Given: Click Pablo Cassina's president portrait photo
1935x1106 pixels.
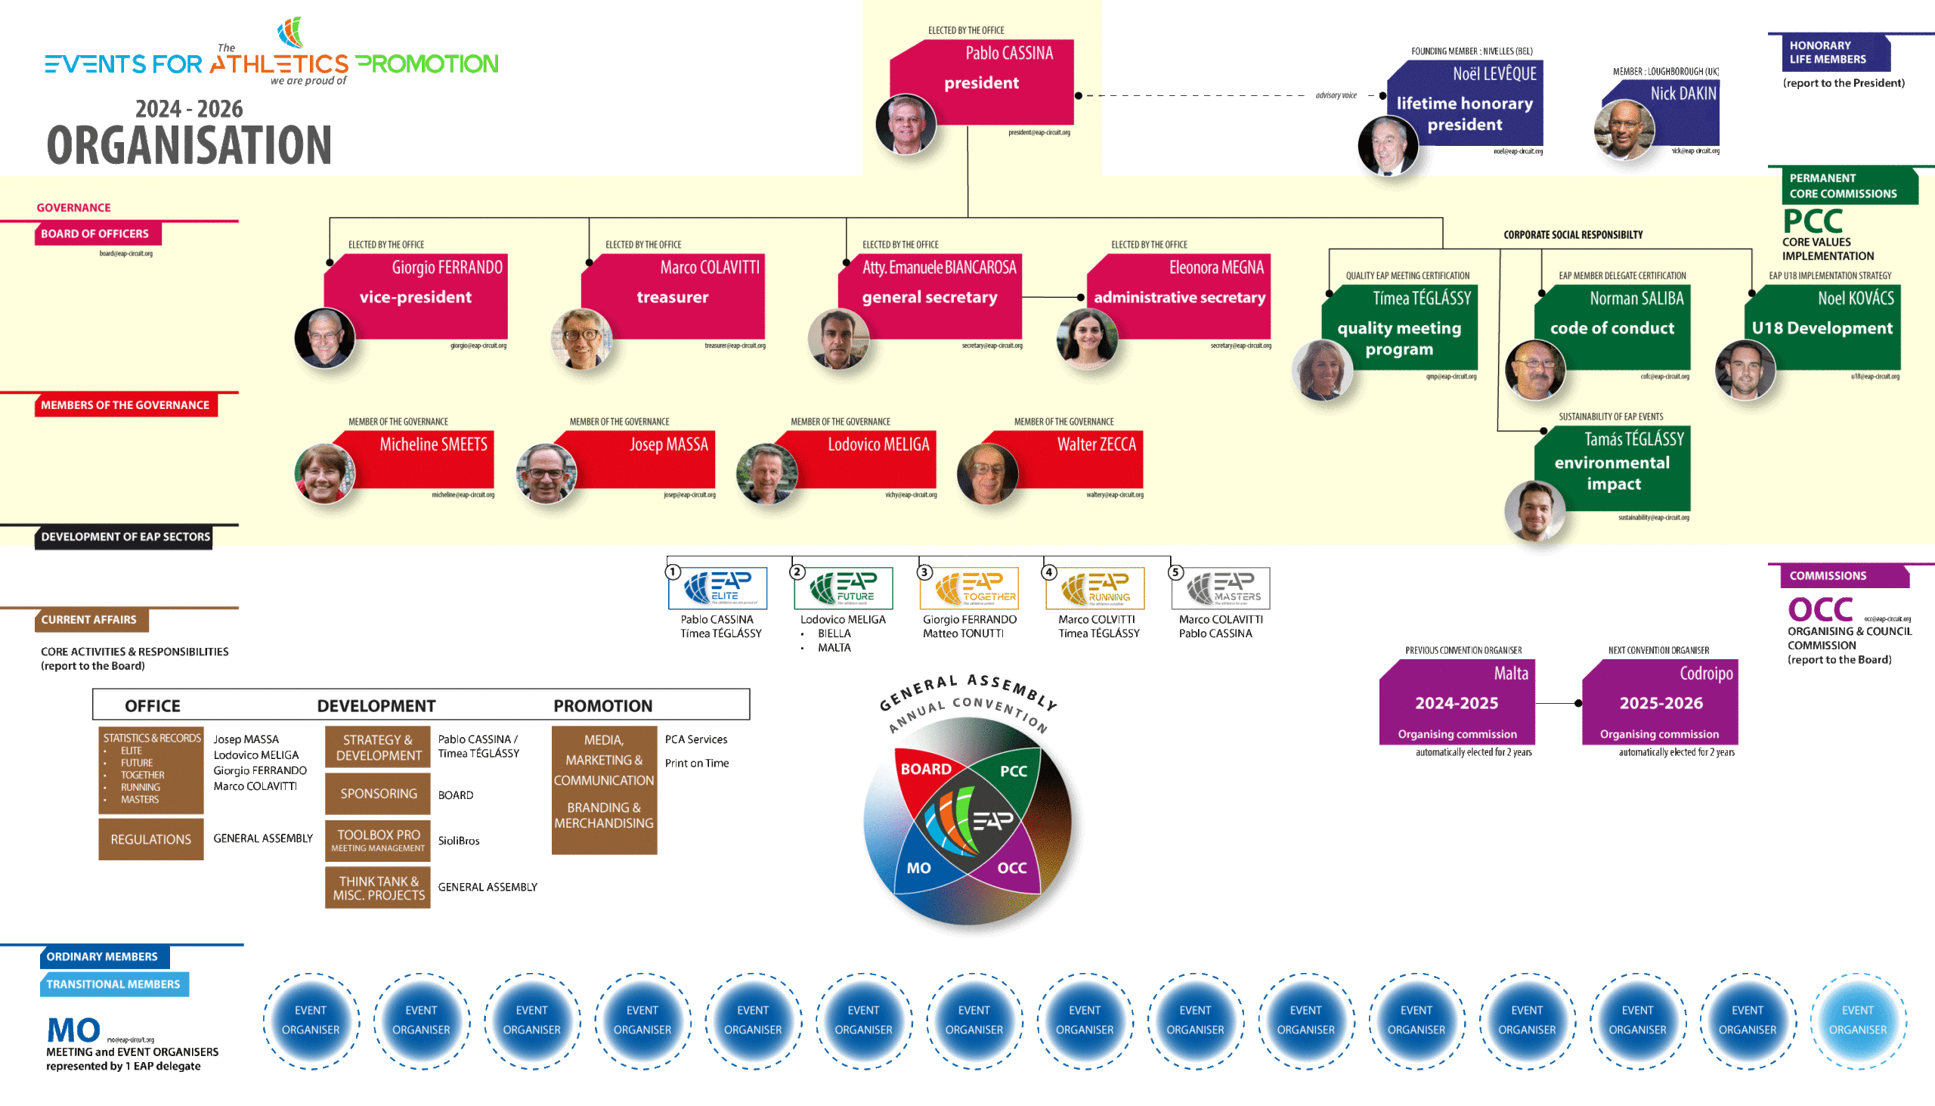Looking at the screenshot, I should [x=906, y=125].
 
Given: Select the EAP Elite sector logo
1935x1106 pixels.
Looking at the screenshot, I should [x=717, y=588].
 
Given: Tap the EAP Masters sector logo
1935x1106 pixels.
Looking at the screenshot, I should [x=1221, y=588].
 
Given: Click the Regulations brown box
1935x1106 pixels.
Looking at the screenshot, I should [x=151, y=839].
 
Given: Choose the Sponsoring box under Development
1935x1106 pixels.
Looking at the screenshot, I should [x=378, y=794].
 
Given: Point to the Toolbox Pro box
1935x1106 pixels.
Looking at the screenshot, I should [x=378, y=840].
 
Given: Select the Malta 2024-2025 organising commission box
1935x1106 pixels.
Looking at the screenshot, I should [x=1457, y=702].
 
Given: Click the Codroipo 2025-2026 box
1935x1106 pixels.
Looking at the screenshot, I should [x=1660, y=702].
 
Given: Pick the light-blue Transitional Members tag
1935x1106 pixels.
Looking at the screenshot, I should [x=114, y=984].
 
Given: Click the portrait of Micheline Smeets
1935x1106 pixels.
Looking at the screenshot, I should [x=324, y=474].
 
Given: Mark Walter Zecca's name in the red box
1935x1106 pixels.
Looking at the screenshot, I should [x=1097, y=445].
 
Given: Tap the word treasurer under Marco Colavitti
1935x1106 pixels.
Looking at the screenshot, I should [x=672, y=297].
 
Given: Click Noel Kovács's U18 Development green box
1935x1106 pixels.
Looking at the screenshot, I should [x=1822, y=328].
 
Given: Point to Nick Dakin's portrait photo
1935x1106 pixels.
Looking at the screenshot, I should [x=1624, y=130].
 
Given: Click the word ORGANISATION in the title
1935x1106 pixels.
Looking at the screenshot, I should [x=189, y=145].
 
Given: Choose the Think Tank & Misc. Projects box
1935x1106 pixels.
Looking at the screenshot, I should [x=378, y=888].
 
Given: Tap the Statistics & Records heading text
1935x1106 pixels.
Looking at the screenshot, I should [x=152, y=739].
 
